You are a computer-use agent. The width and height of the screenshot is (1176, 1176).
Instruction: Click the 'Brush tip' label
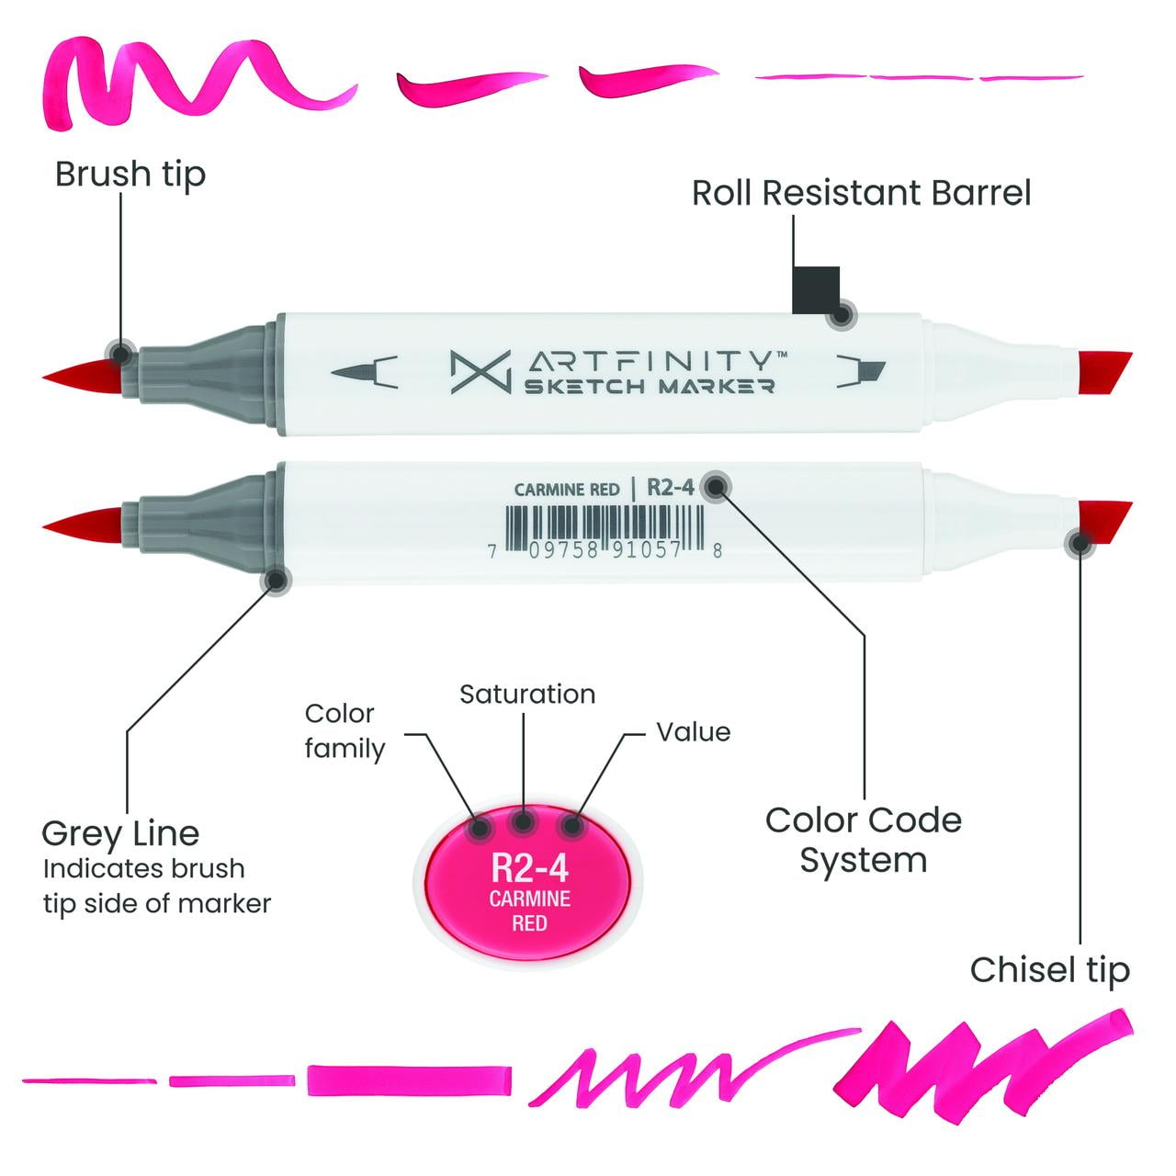point(130,175)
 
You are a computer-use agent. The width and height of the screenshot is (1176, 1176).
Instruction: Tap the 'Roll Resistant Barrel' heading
point(861,193)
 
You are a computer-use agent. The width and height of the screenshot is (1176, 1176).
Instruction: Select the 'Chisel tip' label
point(1049,970)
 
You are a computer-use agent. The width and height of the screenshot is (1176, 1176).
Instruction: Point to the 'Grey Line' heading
point(120,833)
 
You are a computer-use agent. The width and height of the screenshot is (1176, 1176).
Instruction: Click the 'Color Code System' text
point(863,840)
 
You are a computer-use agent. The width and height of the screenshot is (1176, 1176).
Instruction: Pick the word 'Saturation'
point(527,695)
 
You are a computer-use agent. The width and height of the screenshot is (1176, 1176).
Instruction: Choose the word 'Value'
point(693,732)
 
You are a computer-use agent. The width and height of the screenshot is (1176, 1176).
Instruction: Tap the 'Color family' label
point(344,731)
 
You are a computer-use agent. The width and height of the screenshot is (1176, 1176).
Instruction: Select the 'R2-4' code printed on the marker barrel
point(671,487)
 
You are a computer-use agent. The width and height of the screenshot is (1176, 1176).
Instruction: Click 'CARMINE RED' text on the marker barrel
point(567,490)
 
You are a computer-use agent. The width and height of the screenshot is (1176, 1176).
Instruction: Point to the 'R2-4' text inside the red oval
point(530,867)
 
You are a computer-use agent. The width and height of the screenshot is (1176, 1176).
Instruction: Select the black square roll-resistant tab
point(816,289)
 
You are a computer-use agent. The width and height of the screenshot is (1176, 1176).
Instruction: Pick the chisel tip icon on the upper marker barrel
point(862,371)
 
